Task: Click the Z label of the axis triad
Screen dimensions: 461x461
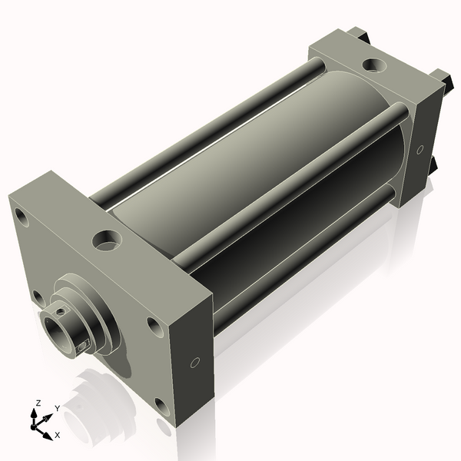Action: [38, 403]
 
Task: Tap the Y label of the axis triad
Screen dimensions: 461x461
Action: [58, 409]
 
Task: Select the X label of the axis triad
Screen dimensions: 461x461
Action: [58, 435]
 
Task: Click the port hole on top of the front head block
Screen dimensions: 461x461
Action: [107, 240]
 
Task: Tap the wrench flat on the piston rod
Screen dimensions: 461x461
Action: [83, 347]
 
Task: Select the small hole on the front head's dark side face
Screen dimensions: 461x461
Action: [195, 363]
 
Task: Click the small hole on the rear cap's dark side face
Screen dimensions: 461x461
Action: [420, 149]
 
